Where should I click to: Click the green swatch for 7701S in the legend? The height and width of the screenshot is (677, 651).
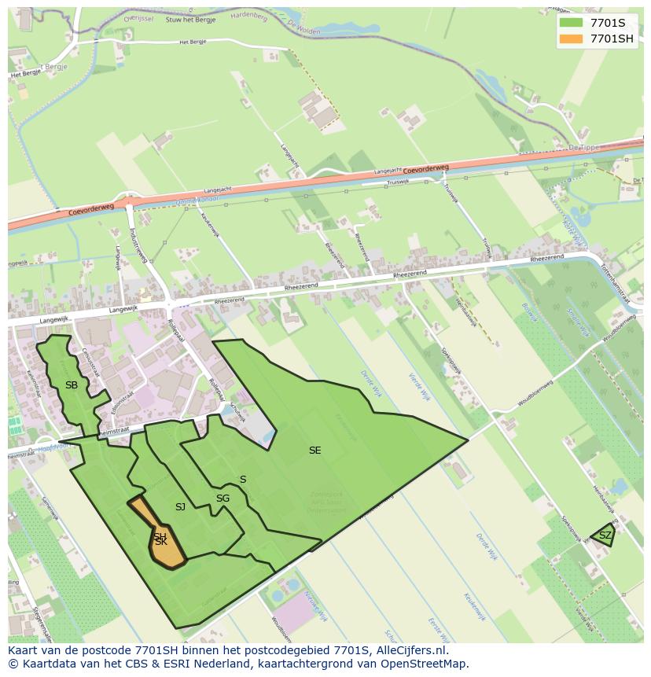click(x=572, y=23)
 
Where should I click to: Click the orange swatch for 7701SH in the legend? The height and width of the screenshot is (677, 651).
click(x=572, y=39)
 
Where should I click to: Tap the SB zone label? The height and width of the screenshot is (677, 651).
click(x=72, y=385)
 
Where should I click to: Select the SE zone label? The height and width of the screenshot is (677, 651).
click(x=314, y=451)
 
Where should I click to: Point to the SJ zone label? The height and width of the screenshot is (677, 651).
click(x=180, y=507)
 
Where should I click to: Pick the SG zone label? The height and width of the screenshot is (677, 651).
click(x=223, y=499)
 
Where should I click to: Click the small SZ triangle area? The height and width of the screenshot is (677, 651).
click(x=604, y=535)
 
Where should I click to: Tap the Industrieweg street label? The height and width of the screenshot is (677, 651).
click(x=138, y=247)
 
